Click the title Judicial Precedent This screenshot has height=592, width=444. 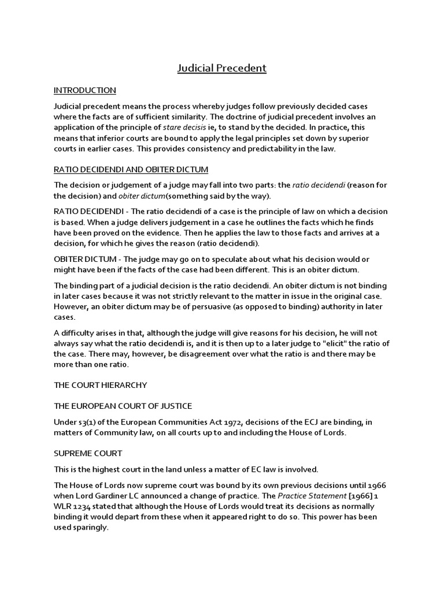coord(222,69)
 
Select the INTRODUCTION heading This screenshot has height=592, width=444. coord(85,91)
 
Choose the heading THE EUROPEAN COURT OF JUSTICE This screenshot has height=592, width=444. coord(123,406)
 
